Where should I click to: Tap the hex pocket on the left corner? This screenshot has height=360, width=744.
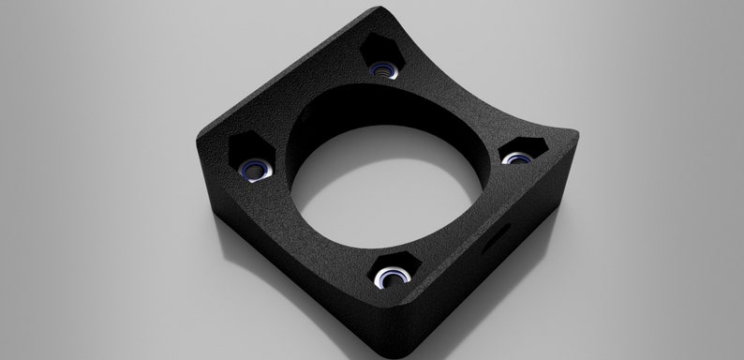point(250,157)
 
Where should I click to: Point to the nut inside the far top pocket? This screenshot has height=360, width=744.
point(380,70)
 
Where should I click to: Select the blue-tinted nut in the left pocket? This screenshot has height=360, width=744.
point(254,170)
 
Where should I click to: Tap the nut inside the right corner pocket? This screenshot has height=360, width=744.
point(514,158)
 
